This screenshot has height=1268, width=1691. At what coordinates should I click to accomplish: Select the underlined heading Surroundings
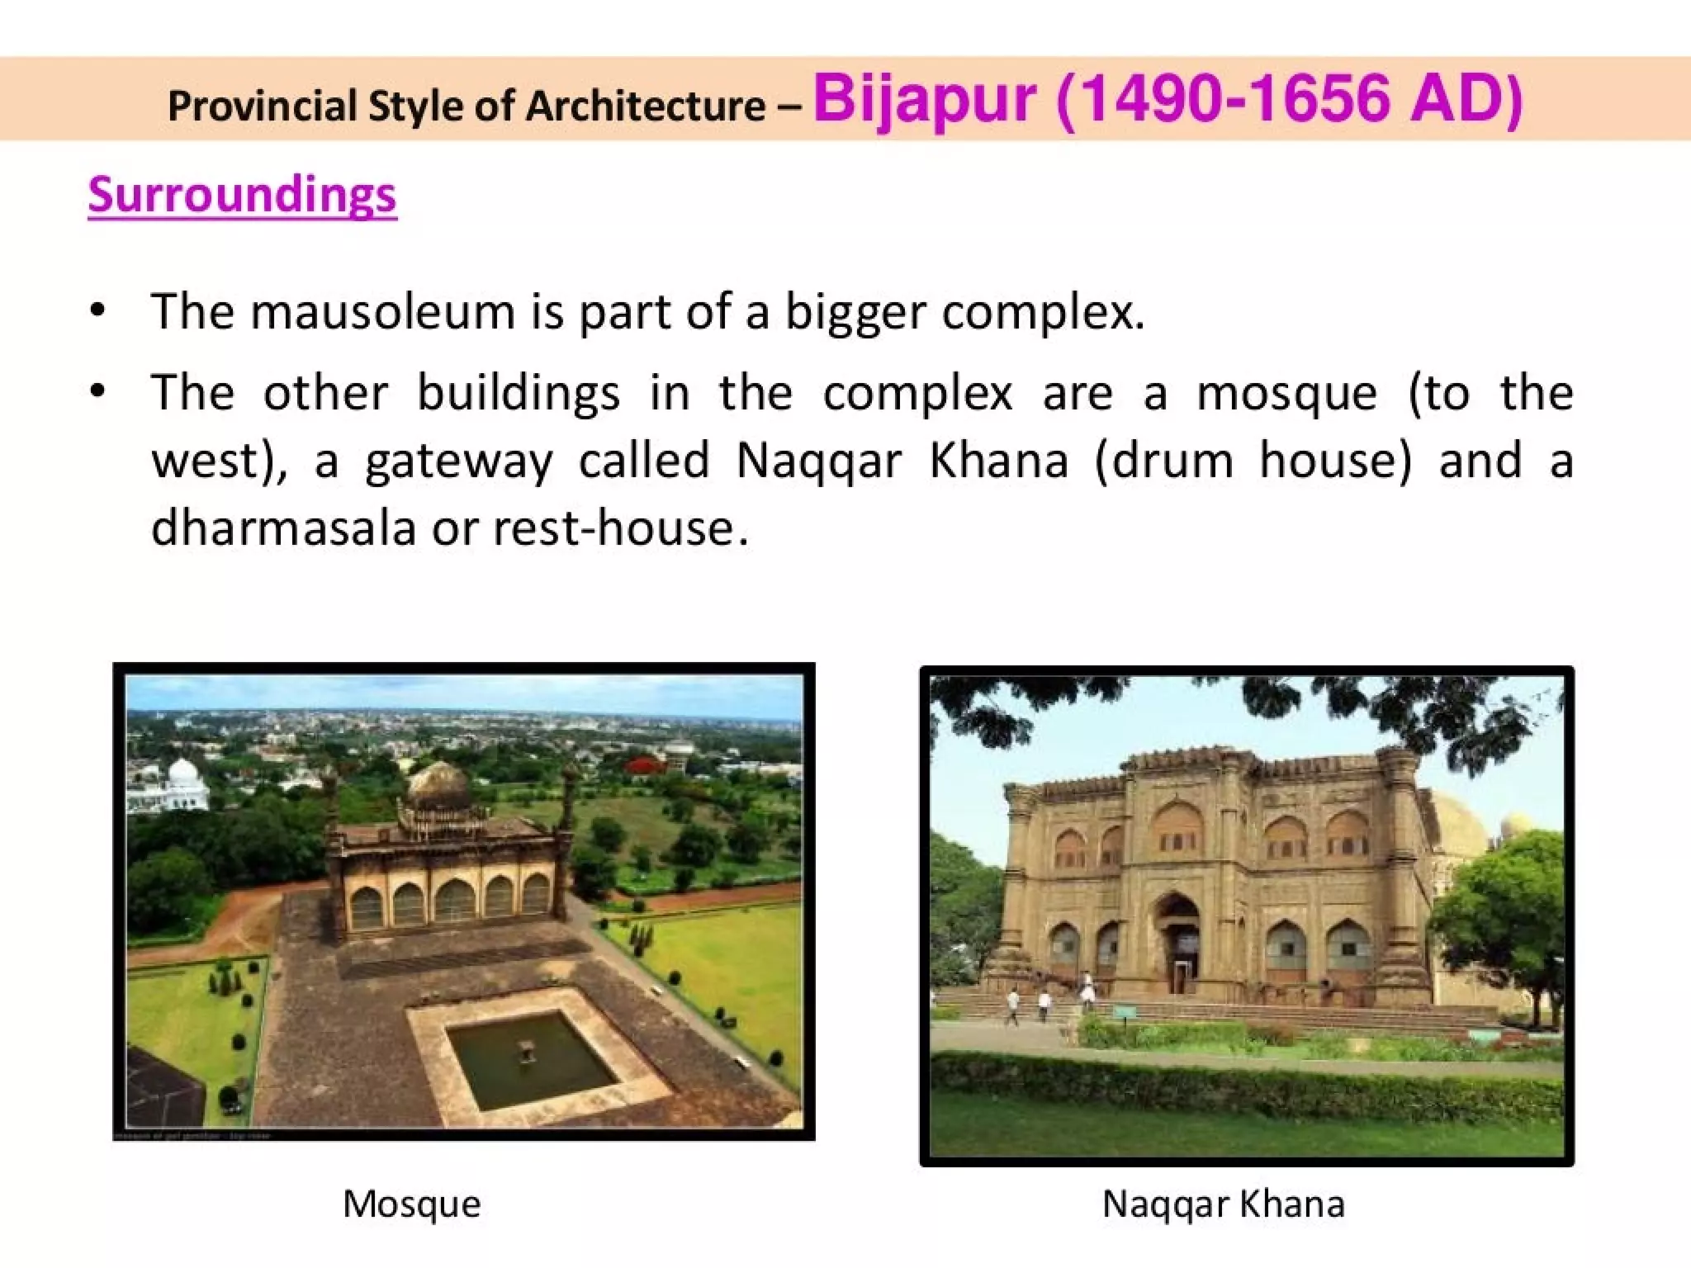point(242,195)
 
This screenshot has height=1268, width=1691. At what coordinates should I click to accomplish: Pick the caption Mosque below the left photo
point(411,1204)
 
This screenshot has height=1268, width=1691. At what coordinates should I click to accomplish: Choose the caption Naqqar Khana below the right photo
point(1223,1204)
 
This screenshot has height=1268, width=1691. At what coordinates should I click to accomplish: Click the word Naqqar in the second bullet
point(818,460)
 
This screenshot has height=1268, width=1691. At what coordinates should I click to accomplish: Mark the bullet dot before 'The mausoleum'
point(98,311)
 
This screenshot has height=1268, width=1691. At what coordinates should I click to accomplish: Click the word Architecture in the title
point(647,106)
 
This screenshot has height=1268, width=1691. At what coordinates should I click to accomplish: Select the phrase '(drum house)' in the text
point(1253,460)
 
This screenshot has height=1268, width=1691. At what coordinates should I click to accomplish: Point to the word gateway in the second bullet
point(458,461)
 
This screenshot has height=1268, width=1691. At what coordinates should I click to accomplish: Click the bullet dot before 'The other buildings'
point(98,391)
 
